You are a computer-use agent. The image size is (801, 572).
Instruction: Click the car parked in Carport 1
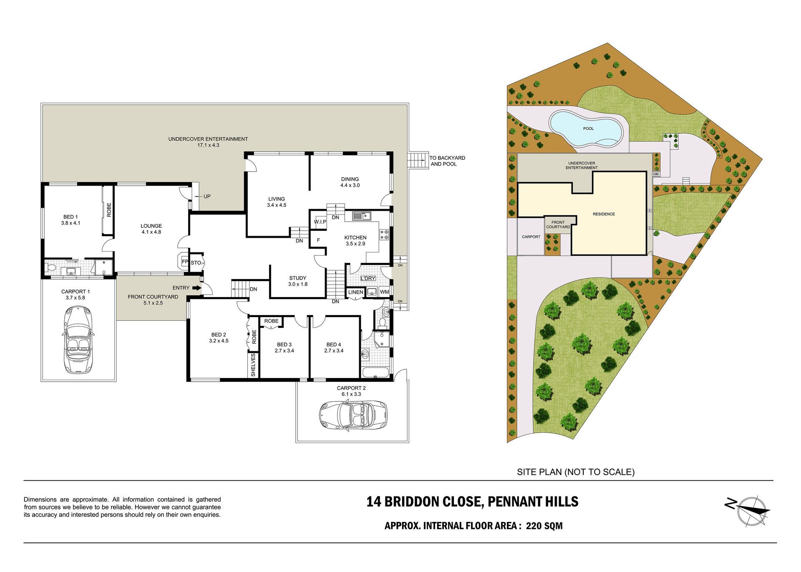coord(78,339)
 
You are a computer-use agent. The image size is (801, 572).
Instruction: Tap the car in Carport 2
coord(353,415)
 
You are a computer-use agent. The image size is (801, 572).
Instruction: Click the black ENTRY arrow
coord(196,287)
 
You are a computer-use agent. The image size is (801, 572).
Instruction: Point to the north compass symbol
coord(749,511)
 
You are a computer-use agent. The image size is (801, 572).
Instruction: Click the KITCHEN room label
coord(355,237)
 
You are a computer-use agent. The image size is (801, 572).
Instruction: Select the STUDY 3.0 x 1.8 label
coord(298,281)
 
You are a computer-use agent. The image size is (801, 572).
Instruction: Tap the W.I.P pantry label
coord(320,222)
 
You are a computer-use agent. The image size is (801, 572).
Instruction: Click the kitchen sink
coord(362,216)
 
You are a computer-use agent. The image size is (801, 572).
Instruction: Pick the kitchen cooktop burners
coord(384,234)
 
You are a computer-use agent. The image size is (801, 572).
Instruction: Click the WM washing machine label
coord(384,292)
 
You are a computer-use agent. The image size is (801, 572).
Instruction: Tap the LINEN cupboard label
coord(356,292)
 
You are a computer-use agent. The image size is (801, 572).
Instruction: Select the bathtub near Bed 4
coord(375,372)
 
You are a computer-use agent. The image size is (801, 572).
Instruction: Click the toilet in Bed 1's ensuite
coord(51,267)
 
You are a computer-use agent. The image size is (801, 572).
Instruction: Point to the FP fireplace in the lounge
coord(184,262)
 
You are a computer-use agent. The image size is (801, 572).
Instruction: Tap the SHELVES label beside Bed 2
coord(253,365)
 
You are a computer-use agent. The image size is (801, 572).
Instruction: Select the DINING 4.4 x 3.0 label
coord(350,182)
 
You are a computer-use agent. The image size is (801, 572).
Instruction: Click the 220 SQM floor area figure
coord(544,526)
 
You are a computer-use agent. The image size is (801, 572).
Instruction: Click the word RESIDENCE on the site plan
coord(604,214)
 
